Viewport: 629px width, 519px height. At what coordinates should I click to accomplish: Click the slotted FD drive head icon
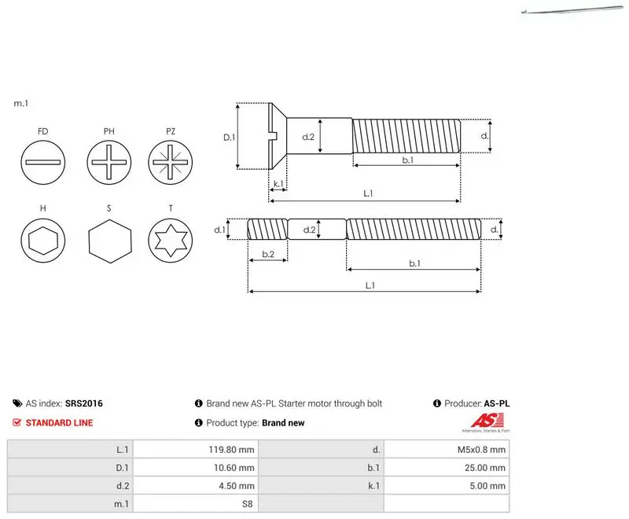pyautogui.click(x=43, y=162)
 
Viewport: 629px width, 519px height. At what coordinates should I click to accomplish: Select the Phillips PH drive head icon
pyautogui.click(x=109, y=162)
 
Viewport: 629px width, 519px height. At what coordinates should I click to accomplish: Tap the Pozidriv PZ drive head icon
pyautogui.click(x=171, y=162)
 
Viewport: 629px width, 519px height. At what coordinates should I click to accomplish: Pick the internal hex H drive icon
pyautogui.click(x=43, y=241)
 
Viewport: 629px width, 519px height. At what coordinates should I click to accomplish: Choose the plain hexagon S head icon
pyautogui.click(x=109, y=241)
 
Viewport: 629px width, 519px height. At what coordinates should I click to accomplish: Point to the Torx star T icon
pyautogui.click(x=171, y=241)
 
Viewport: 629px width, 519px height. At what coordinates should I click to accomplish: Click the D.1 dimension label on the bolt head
pyautogui.click(x=229, y=138)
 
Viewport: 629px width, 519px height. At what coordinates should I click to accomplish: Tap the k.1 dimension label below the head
pyautogui.click(x=278, y=184)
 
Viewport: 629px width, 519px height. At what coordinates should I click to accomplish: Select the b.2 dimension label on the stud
pyautogui.click(x=268, y=254)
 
